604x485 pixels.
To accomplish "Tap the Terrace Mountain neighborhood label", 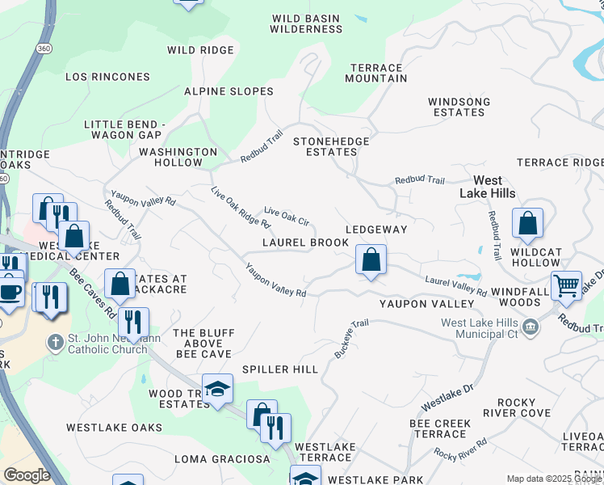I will (375, 73).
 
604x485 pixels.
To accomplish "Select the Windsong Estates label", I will (459, 107).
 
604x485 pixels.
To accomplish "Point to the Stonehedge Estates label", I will (331, 146).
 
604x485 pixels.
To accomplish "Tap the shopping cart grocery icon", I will (566, 285).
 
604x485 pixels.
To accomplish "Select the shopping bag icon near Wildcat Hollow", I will (527, 224).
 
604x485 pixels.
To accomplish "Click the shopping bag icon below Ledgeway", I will (371, 260).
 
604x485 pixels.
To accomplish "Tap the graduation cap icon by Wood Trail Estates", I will (217, 390).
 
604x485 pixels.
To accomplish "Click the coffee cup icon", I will (10, 290).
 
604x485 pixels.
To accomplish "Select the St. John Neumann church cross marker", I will (55, 343).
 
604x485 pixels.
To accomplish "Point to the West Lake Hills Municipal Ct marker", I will (531, 327).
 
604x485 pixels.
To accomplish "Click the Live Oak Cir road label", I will (287, 216).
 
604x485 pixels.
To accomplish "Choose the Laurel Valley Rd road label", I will (455, 286).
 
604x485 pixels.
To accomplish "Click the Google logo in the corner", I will (27, 475).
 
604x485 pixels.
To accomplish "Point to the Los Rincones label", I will (107, 77).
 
